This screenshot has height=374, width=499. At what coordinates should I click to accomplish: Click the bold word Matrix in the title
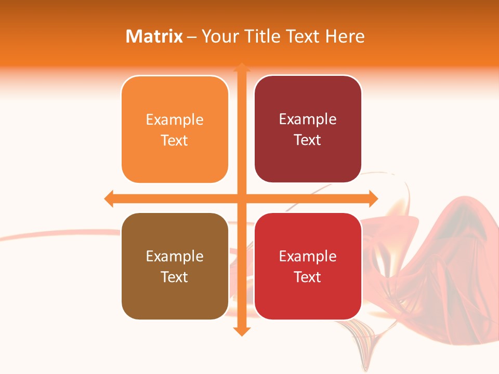154,36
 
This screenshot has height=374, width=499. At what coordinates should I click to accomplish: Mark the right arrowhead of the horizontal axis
373,198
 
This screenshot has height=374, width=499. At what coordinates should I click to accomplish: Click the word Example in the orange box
175,120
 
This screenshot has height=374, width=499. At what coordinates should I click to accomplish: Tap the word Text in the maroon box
308,140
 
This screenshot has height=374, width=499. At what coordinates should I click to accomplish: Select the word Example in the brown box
175,257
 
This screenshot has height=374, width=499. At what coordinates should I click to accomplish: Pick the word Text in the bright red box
308,277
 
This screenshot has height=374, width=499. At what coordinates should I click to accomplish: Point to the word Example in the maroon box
308,119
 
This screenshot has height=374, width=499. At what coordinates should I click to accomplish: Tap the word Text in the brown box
175,277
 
